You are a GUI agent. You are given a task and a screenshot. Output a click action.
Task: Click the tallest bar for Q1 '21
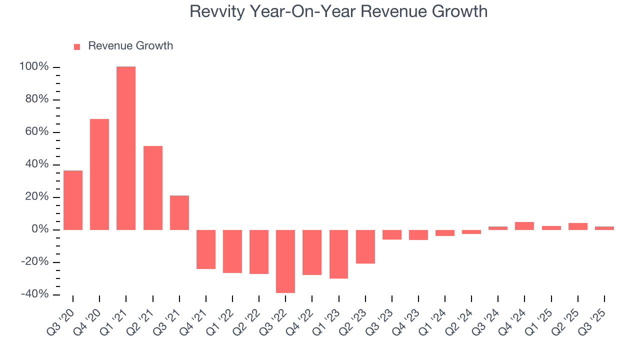pos(126,148)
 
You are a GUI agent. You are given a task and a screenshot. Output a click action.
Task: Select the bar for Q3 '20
pos(73,200)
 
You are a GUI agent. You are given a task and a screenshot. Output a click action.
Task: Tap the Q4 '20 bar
pos(99,174)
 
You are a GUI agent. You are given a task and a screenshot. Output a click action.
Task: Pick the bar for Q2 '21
pos(152,187)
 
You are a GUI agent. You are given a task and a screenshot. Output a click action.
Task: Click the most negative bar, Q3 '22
pos(285,261)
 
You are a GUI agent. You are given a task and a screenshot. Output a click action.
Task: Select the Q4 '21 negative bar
pos(206,249)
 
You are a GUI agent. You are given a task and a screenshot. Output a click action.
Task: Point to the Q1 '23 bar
pos(338,254)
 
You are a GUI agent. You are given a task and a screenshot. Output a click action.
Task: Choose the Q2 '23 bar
pos(365,246)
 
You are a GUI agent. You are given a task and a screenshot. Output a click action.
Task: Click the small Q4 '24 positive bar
pos(524,226)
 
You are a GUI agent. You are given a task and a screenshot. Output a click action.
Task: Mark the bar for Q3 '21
pos(179,212)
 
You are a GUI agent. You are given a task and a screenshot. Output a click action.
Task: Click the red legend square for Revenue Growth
pos(77,46)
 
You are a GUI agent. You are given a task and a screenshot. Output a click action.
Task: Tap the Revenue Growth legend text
pos(130,46)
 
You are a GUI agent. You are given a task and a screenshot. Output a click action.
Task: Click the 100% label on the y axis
pos(34,67)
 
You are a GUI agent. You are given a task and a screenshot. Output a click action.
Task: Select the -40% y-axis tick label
pos(34,294)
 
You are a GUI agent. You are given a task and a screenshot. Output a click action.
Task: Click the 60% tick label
pos(36,132)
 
